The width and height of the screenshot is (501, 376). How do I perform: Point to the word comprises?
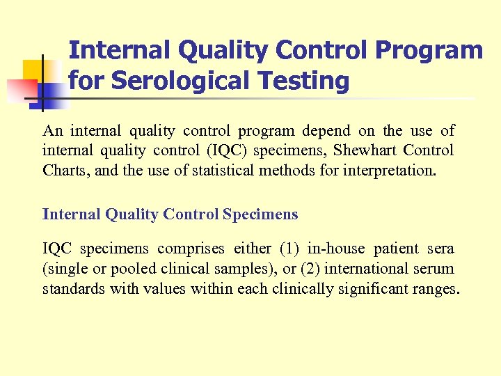(191, 249)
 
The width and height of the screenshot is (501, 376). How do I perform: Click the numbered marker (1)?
(289, 249)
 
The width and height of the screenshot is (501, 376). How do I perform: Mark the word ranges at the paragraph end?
(435, 288)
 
